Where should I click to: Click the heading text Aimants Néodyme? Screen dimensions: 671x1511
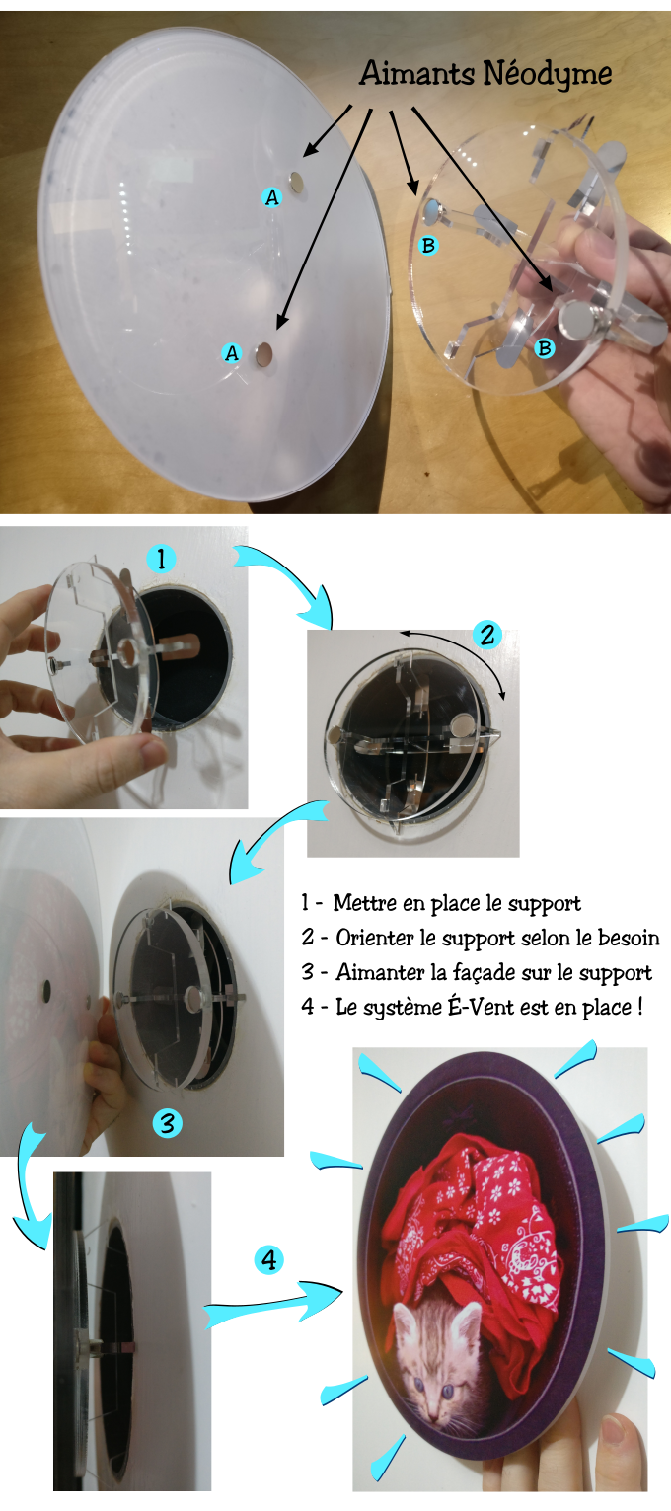(x=485, y=74)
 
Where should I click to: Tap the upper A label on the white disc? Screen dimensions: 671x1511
(x=271, y=197)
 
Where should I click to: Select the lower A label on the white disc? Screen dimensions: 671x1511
(x=232, y=352)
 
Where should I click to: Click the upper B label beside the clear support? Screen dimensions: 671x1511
(x=428, y=245)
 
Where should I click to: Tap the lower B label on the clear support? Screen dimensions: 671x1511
(x=545, y=348)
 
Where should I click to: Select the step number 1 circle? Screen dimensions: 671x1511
(x=161, y=559)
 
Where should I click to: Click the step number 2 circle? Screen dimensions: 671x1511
(x=486, y=635)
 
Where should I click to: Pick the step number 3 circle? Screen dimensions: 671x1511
(x=167, y=1122)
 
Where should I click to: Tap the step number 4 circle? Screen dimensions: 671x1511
(x=269, y=1259)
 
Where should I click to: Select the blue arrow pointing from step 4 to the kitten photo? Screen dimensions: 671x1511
(x=273, y=1306)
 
